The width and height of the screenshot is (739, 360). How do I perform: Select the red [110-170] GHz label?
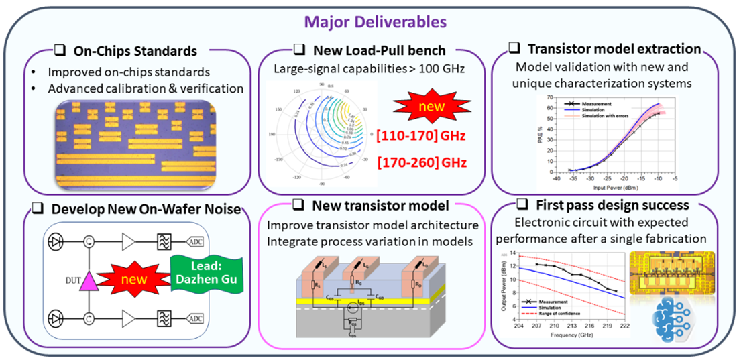pyautogui.click(x=431, y=137)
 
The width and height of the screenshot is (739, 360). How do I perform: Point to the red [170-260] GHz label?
pyautogui.click(x=431, y=163)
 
